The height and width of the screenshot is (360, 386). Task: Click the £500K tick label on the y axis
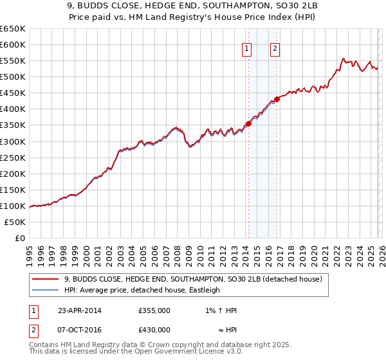12,77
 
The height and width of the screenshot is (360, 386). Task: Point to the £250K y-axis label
12,157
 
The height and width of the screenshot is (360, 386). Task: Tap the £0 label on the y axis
19,238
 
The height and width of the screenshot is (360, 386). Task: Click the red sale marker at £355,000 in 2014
248,123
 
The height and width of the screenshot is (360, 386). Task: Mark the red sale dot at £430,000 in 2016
277,99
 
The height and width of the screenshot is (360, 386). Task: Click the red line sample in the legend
45,279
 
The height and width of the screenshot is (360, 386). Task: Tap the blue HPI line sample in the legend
45,290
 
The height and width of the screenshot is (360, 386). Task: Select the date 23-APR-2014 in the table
80,310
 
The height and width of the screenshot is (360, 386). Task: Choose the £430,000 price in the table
154,330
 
